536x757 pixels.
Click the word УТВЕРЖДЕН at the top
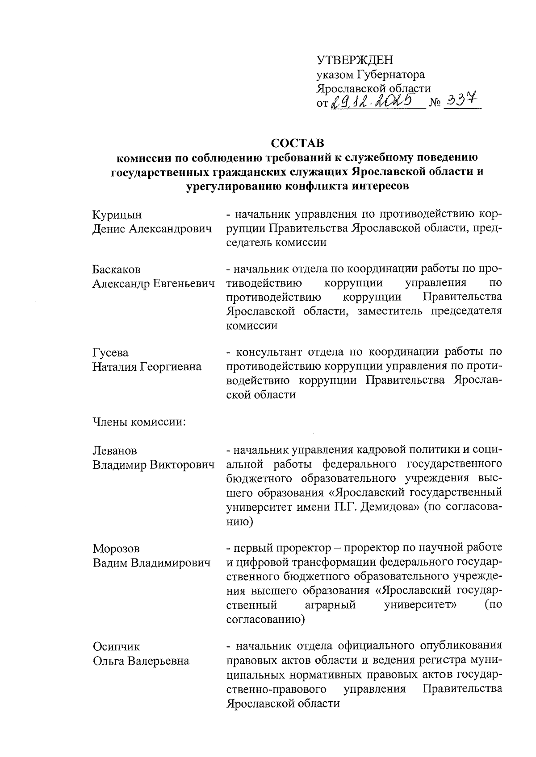[x=355, y=60]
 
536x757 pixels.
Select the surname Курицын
[x=117, y=215]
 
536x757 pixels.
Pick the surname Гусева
[x=110, y=352]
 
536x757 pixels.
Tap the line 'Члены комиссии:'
[x=139, y=422]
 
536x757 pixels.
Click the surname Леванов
[x=115, y=451]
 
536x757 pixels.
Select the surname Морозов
[x=116, y=548]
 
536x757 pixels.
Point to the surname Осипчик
[x=116, y=646]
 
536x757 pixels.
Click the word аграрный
[x=330, y=605]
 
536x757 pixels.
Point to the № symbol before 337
[x=435, y=104]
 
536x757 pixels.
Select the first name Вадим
[x=110, y=563]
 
